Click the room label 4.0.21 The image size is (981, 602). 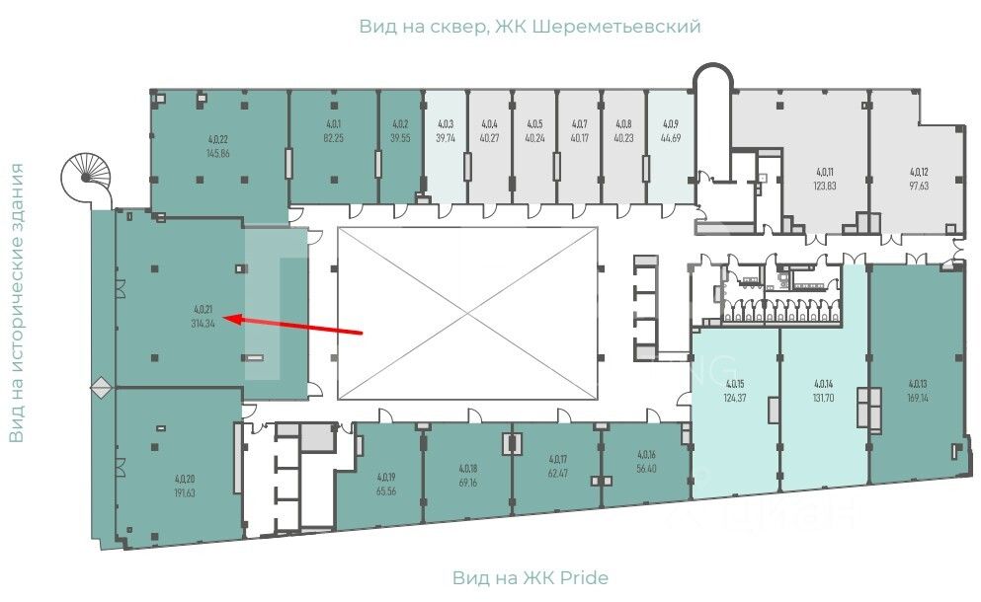click(x=205, y=311)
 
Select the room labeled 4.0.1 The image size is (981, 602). click(x=334, y=124)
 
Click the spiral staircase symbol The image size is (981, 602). click(x=87, y=179)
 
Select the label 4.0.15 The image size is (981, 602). click(x=734, y=385)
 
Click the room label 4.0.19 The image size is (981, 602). click(x=386, y=477)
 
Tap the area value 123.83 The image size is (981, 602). click(x=825, y=185)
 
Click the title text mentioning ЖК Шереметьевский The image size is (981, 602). click(x=530, y=27)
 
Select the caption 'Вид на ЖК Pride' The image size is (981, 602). click(x=530, y=577)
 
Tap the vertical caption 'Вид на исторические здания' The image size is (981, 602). click(x=17, y=303)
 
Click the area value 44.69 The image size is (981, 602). click(x=671, y=138)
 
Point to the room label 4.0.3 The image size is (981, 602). click(x=446, y=125)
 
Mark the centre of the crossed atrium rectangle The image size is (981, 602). click(x=467, y=313)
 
